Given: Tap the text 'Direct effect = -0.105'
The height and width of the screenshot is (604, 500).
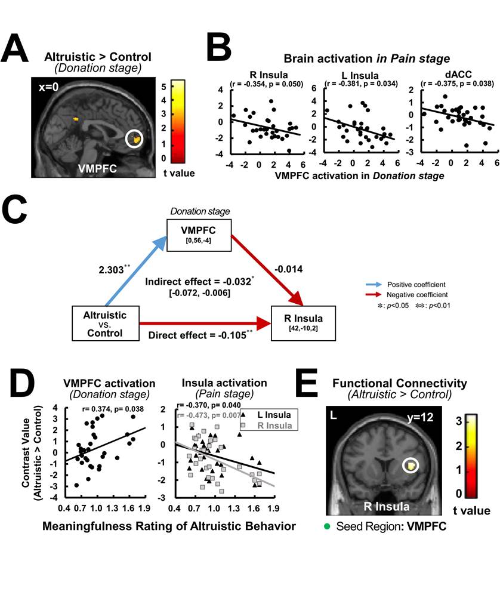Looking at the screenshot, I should tap(200, 336).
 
